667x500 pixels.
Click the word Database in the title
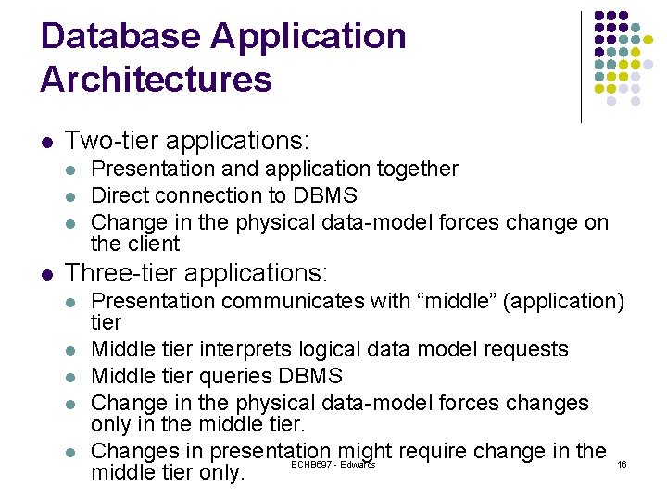(120, 36)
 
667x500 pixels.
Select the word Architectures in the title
(157, 79)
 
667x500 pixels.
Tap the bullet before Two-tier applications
(47, 142)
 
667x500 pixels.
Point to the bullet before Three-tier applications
(47, 275)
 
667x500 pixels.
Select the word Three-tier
(120, 272)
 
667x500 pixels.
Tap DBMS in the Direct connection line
(325, 195)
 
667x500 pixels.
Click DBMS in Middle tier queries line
(310, 376)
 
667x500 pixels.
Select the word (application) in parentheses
(563, 302)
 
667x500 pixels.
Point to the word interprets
(245, 350)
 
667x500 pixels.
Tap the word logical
(330, 350)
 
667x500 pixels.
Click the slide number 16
(622, 464)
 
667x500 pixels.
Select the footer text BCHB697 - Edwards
(333, 464)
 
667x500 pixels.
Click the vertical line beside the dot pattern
(581, 68)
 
